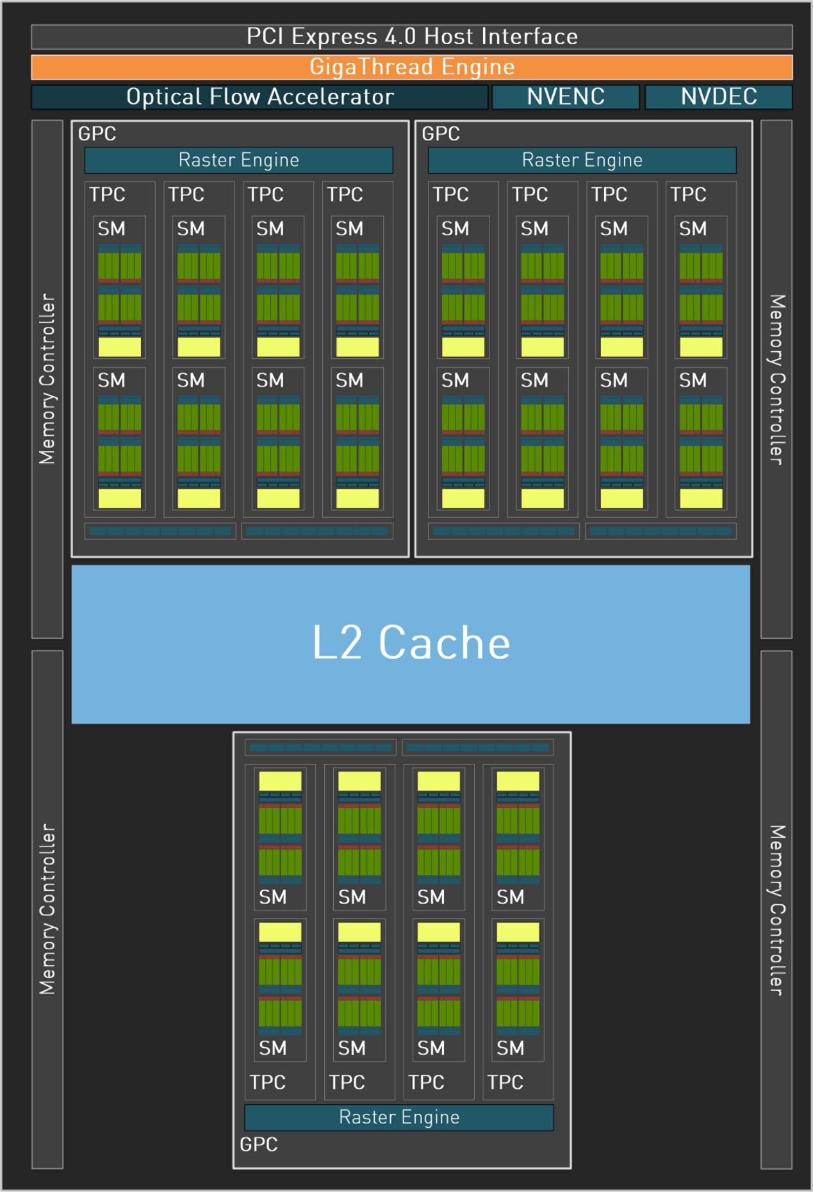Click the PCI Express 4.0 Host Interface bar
412,37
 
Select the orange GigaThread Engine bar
412,67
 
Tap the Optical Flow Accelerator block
259,97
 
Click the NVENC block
566,97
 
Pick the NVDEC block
718,97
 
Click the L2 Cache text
411,643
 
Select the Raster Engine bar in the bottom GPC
398,1117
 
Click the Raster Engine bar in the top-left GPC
238,160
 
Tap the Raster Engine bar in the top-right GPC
582,160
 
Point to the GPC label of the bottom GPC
259,1144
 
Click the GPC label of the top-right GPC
441,134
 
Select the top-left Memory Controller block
47,378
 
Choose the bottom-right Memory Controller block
776,909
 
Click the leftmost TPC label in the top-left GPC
107,195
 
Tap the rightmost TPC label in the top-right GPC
688,195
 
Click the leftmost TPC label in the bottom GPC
267,1082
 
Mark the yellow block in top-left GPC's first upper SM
120,347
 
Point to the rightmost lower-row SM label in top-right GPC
693,381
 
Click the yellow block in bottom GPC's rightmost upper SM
518,781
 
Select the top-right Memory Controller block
776,378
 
